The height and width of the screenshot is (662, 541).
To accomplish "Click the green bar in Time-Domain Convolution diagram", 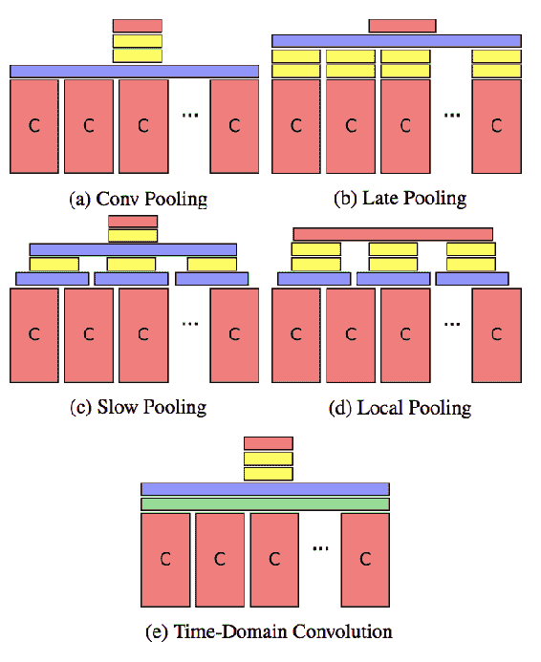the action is (265, 504).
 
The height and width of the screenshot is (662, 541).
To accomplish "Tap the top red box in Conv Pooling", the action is (138, 26).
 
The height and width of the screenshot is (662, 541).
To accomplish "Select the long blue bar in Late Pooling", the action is (397, 41).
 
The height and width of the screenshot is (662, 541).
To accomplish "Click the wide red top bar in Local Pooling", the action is (393, 234).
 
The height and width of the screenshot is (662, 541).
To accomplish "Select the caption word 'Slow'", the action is (118, 407).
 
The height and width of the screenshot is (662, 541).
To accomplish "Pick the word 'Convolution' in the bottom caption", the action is (342, 631).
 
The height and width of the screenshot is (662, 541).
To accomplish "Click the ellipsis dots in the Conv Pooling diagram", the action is (190, 115).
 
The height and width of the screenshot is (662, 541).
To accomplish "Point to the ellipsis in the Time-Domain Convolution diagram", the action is (320, 548).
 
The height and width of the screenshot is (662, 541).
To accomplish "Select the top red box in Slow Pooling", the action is (133, 222).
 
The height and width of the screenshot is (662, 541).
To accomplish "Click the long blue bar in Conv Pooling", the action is (135, 72).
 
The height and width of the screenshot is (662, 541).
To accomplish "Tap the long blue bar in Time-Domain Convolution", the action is (265, 489).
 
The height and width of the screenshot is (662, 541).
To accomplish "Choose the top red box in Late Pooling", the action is (402, 26).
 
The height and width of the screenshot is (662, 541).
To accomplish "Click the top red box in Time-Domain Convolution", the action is (269, 443).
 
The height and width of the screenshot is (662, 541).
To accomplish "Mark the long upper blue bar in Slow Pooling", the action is (133, 249).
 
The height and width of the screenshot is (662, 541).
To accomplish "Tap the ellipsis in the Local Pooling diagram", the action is (452, 324).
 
